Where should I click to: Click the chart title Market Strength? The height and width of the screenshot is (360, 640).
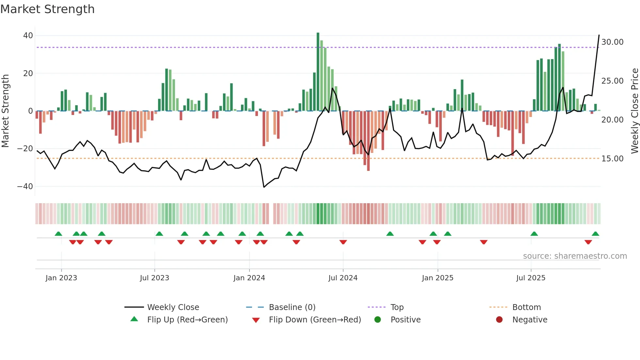pyautogui.click(x=47, y=9)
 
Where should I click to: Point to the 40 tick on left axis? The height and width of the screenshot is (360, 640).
pyautogui.click(x=28, y=36)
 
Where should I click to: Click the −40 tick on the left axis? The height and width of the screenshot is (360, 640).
pyautogui.click(x=25, y=187)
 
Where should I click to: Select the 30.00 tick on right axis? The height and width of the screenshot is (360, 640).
pyautogui.click(x=612, y=42)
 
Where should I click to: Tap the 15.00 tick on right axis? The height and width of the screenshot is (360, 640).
pyautogui.click(x=612, y=159)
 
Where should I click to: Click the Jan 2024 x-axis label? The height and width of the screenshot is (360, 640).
pyautogui.click(x=249, y=278)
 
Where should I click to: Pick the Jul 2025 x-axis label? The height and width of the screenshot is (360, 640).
pyautogui.click(x=531, y=278)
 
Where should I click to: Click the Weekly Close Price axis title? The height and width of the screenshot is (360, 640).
pyautogui.click(x=634, y=111)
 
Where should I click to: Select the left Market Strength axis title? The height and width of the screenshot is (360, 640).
pyautogui.click(x=5, y=111)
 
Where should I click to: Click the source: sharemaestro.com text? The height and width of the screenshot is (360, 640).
pyautogui.click(x=575, y=256)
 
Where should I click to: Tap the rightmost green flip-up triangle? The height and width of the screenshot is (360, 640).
pyautogui.click(x=595, y=234)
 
